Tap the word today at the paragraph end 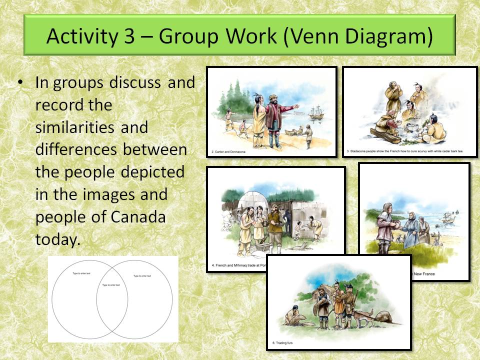point(57,239)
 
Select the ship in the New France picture point(446,219)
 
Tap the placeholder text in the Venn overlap point(111,285)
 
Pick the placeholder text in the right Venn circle point(143,276)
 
